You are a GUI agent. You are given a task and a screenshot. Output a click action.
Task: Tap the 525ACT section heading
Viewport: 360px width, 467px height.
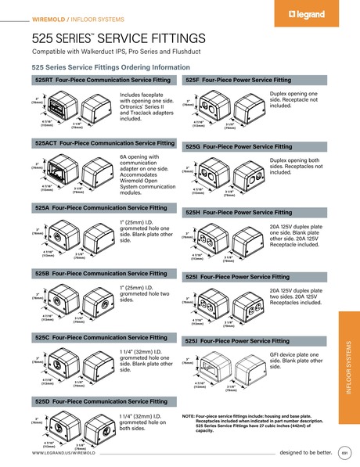pos(105,144)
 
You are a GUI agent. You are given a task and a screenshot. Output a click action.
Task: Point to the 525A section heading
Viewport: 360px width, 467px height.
pos(102,209)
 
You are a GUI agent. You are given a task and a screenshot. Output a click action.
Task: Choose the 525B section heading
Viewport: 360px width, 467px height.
pos(102,273)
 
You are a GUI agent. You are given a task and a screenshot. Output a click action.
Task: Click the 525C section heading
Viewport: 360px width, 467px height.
pos(102,337)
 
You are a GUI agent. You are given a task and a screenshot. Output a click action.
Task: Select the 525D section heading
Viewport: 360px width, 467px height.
pos(102,401)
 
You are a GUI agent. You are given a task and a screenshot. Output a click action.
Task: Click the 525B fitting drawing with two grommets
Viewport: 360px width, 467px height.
pos(82,299)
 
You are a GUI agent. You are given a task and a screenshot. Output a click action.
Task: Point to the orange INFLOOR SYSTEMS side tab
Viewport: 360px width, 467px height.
pos(349,368)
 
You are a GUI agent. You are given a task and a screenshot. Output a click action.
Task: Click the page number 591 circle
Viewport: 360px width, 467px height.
pos(344,453)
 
